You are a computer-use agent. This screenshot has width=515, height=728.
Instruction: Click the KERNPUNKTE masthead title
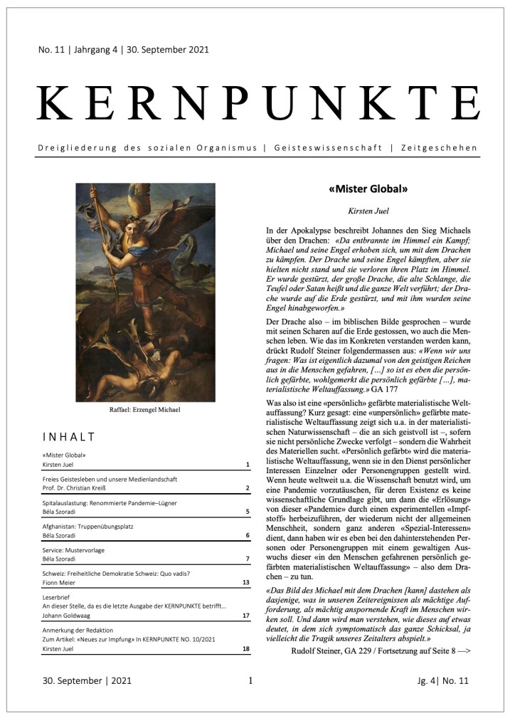coord(257,104)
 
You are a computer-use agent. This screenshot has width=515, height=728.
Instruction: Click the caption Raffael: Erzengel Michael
coord(145,410)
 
